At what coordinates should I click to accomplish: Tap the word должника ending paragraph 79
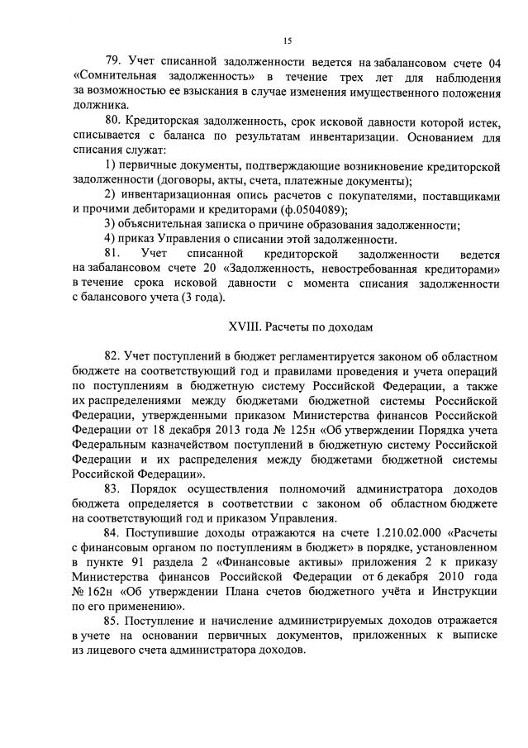point(101,106)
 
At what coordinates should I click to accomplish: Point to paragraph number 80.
point(112,121)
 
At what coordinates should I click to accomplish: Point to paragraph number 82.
point(112,356)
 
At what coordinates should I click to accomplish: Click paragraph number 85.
point(112,620)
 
